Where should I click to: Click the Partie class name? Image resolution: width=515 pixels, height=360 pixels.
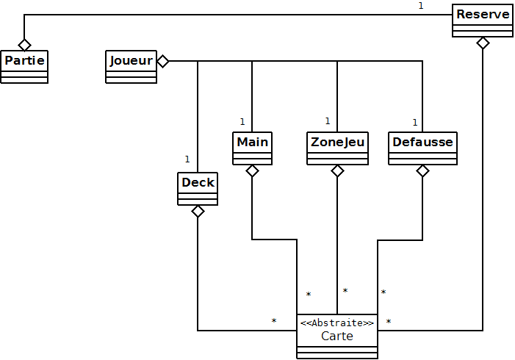pyautogui.click(x=24, y=60)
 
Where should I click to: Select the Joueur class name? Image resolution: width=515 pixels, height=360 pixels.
pyautogui.click(x=132, y=60)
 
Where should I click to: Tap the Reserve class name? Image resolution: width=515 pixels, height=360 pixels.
pyautogui.click(x=483, y=15)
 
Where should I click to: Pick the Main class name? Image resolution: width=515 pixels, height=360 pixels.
pyautogui.click(x=252, y=141)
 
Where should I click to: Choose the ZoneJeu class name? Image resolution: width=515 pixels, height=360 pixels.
pyautogui.click(x=337, y=141)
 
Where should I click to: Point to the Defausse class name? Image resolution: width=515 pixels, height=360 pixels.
pyautogui.click(x=422, y=141)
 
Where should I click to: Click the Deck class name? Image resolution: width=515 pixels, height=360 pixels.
pyautogui.click(x=198, y=182)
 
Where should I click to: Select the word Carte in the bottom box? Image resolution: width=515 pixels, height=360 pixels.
pyautogui.click(x=337, y=336)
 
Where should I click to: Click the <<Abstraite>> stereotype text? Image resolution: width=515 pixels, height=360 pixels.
pyautogui.click(x=337, y=323)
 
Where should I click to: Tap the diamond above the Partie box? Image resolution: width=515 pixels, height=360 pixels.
pyautogui.click(x=24, y=43)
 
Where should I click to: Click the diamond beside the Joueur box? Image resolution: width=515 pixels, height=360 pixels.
pyautogui.click(x=163, y=61)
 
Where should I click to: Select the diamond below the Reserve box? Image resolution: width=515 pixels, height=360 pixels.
pyautogui.click(x=483, y=43)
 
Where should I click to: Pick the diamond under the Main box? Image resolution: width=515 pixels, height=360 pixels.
pyautogui.click(x=252, y=171)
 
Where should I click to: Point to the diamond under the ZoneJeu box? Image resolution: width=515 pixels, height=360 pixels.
pyautogui.click(x=337, y=171)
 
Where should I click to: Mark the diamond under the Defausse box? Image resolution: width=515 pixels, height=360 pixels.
pyautogui.click(x=422, y=171)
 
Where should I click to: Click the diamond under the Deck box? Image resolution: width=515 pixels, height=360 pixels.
pyautogui.click(x=198, y=212)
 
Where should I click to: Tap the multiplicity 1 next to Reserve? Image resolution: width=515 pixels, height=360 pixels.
pyautogui.click(x=421, y=6)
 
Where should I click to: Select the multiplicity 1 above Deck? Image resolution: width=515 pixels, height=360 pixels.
pyautogui.click(x=187, y=159)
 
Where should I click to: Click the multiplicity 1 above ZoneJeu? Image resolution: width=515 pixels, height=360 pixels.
pyautogui.click(x=327, y=121)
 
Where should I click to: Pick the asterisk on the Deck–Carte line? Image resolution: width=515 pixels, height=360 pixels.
pyautogui.click(x=273, y=321)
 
